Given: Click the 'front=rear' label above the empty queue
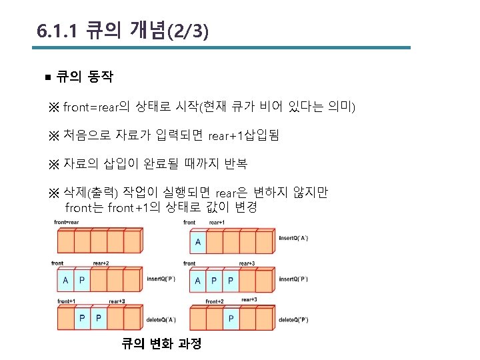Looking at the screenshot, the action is (67, 222).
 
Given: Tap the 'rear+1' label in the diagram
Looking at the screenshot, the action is (217, 222).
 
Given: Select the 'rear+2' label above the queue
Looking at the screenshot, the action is (101, 263).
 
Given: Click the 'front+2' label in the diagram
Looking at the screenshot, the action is (214, 301).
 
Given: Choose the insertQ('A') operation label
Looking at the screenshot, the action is (294, 238).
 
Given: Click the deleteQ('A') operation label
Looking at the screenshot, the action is (161, 319).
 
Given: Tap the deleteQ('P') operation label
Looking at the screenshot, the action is (293, 319).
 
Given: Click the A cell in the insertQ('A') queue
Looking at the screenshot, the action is (198, 241).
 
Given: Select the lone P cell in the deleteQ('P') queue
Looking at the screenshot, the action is (231, 318).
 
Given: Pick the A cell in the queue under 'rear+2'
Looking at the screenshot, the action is (65, 281).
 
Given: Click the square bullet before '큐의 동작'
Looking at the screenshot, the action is (47, 78).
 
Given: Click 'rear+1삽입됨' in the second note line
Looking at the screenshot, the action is (244, 135).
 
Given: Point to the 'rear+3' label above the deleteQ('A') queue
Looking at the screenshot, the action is (117, 301).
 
